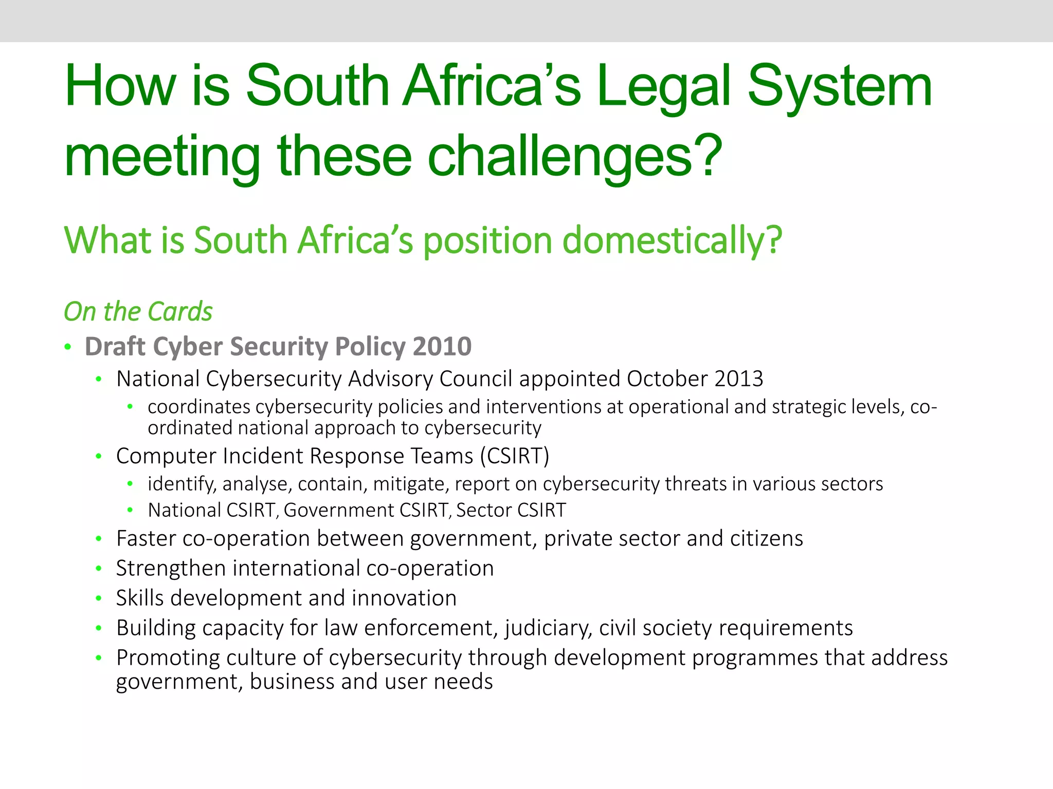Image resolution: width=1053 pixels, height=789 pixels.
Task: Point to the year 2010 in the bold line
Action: (442, 347)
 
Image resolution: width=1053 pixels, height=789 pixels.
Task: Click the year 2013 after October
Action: (738, 379)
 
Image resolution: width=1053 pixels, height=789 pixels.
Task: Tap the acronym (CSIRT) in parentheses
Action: (514, 456)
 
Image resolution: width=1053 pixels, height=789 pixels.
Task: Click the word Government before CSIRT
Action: (340, 510)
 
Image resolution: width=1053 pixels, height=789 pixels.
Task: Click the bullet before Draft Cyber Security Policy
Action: (68, 347)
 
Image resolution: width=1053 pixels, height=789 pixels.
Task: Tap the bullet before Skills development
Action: (99, 598)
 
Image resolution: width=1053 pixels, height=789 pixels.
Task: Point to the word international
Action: (296, 569)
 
